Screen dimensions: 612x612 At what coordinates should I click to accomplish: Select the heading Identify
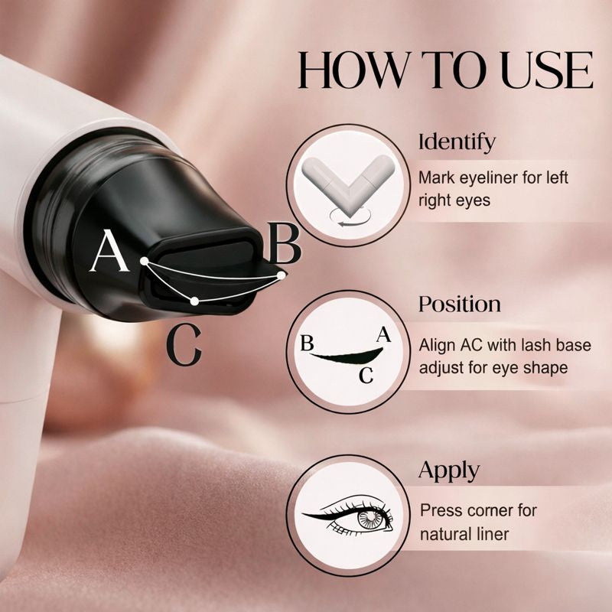[457, 142]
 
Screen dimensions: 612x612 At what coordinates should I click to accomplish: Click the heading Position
[460, 304]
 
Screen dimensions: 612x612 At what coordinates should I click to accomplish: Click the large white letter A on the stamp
[109, 251]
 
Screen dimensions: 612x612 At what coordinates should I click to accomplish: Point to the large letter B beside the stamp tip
[284, 243]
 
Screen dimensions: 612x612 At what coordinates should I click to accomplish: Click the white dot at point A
[145, 261]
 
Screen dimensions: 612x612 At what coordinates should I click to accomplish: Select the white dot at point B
[281, 275]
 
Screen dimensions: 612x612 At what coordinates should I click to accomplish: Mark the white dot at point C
[194, 301]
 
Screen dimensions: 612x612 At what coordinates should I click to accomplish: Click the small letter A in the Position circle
[384, 335]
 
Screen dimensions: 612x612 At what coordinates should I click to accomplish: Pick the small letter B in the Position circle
[308, 343]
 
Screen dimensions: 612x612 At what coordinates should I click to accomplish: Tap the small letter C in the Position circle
[366, 376]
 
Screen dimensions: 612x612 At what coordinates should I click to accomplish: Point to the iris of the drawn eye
[369, 519]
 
